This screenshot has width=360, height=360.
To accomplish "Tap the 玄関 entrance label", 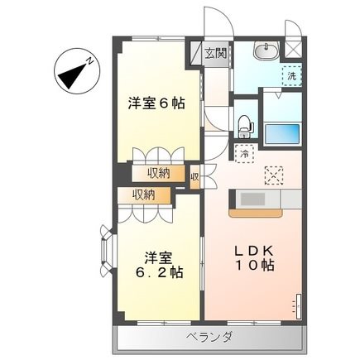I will (x=216, y=54).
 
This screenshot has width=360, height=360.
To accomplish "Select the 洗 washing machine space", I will (x=290, y=75).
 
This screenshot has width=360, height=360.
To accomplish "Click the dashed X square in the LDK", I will (x=273, y=175).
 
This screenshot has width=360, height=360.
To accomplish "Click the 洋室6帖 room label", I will (x=156, y=104).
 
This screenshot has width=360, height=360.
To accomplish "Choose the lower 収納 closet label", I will (x=142, y=194).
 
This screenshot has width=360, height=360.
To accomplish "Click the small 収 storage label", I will (x=194, y=175).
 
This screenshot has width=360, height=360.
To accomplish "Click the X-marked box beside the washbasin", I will (x=291, y=48).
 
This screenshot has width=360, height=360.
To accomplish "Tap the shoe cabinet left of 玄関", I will (x=198, y=54).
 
